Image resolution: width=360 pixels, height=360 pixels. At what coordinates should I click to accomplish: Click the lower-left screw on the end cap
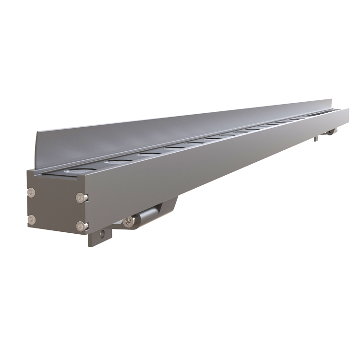click(32, 220)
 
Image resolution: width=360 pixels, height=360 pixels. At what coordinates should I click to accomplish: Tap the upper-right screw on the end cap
click(81, 197)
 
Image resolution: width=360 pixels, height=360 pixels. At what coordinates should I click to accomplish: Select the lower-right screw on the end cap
click(81, 225)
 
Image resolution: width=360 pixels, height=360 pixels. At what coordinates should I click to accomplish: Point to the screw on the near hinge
click(128, 221)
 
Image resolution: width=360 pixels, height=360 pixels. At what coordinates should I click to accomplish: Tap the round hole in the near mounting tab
click(102, 234)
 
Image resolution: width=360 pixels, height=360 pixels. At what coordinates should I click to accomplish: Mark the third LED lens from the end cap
click(147, 154)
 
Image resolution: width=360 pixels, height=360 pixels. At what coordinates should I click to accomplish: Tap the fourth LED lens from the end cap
click(174, 149)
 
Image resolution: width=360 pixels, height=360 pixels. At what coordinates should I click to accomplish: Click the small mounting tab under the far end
click(316, 139)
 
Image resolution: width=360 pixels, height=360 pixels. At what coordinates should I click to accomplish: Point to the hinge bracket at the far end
click(331, 132)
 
